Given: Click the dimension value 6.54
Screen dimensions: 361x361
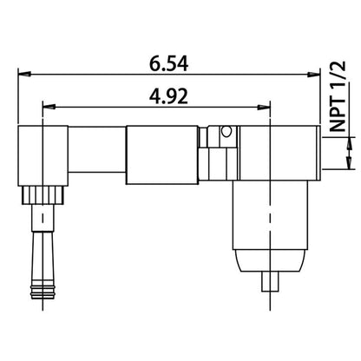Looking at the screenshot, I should pyautogui.click(x=170, y=63).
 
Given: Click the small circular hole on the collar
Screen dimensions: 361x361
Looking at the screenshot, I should pyautogui.click(x=226, y=133).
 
